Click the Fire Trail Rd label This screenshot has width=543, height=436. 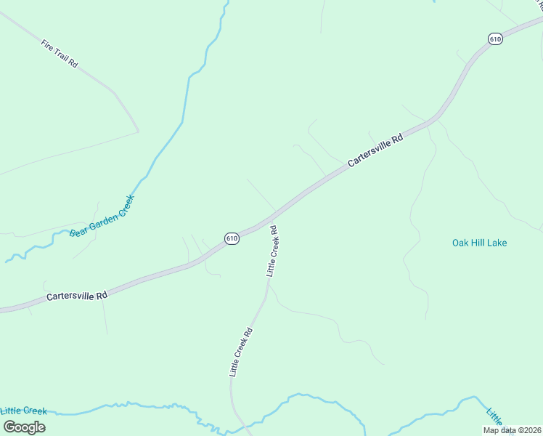point(59,54)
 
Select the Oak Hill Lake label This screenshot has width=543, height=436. point(479,243)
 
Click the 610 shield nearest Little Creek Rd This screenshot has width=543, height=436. point(232,238)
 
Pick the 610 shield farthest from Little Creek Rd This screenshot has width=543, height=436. point(495,39)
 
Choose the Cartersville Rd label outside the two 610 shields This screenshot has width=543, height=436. point(77,296)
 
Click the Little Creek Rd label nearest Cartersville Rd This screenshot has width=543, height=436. point(273,251)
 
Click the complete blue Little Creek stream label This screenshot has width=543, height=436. point(24,411)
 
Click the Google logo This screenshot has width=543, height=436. point(24,427)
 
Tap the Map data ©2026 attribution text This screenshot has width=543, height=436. point(511,430)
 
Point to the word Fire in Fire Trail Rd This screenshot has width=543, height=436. point(47,44)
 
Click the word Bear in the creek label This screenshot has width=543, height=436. point(77,233)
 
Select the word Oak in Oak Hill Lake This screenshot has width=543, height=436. point(461,243)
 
